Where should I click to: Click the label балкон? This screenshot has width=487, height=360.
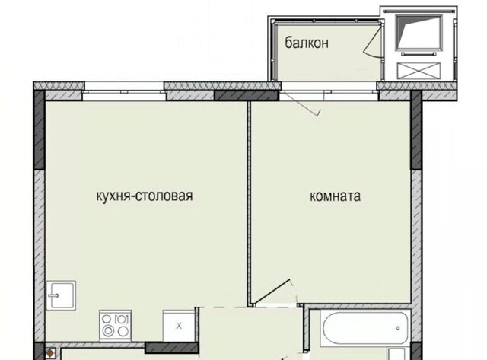pos(307,43)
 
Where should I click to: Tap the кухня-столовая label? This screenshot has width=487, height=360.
pos(145,196)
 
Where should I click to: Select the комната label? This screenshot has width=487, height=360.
pos(335,196)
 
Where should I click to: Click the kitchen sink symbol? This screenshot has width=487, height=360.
pos(61,295)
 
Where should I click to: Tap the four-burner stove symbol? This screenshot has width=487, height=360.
pos(116,325)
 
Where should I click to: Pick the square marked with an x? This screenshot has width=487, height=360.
pos(179,326)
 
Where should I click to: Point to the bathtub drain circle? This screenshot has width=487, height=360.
pos(398,328)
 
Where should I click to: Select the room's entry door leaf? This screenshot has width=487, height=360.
pos(272,292)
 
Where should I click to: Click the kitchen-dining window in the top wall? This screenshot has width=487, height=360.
pos(124,91)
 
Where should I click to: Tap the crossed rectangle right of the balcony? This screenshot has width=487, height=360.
pos(419,71)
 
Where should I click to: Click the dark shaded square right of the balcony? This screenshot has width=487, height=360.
pos(419,32)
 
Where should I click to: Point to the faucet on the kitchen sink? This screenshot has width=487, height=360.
pos(54,295)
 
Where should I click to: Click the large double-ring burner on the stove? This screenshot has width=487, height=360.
pos(108,331)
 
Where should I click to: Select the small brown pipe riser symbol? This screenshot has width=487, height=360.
pos(49,353)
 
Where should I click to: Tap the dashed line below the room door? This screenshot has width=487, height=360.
pos(249,307)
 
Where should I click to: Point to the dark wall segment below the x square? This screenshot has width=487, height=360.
pos(172,348)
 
